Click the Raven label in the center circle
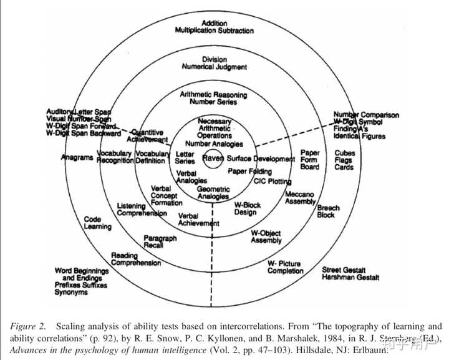click(x=213, y=158)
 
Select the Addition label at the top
click(x=214, y=23)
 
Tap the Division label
click(x=214, y=59)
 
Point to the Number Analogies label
click(x=214, y=144)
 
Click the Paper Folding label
click(x=249, y=171)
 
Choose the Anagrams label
click(x=77, y=158)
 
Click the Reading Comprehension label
click(x=135, y=259)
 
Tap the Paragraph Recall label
click(x=160, y=242)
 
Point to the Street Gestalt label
click(x=342, y=270)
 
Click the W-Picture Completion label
click(x=285, y=267)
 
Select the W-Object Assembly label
click(x=266, y=236)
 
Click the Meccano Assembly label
click(x=300, y=198)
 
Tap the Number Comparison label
click(x=366, y=115)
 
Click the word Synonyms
click(x=70, y=293)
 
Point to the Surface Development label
click(x=260, y=158)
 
